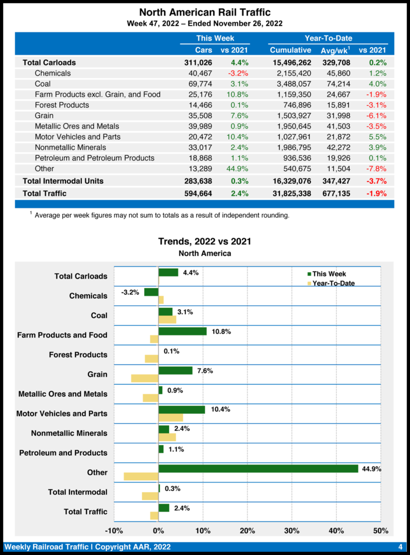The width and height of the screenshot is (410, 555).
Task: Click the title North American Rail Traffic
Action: pyautogui.click(x=204, y=12)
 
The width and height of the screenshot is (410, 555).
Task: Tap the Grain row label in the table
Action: pyautogui.click(x=44, y=115)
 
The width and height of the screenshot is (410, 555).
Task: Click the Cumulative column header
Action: pyautogui.click(x=290, y=50)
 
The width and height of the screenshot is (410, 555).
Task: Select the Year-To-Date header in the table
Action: pyautogui.click(x=328, y=38)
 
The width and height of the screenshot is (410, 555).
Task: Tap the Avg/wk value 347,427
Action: pyautogui.click(x=336, y=181)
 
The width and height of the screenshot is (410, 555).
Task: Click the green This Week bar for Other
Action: pyautogui.click(x=258, y=468)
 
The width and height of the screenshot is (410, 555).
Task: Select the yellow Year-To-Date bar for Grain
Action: pyautogui.click(x=145, y=378)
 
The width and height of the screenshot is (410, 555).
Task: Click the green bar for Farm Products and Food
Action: pyautogui.click(x=182, y=331)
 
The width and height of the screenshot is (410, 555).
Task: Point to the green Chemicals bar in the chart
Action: pyautogui.click(x=151, y=292)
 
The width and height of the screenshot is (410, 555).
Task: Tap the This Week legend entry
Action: pyautogui.click(x=325, y=274)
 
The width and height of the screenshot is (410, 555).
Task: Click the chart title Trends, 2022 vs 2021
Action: pyautogui.click(x=204, y=241)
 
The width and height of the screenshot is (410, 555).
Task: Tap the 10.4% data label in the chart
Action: pyautogui.click(x=221, y=410)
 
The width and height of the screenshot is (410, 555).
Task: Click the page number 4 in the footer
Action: pyautogui.click(x=400, y=546)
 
